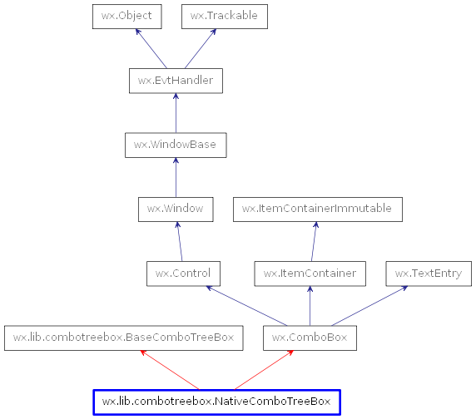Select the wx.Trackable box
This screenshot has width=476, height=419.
click(x=224, y=16)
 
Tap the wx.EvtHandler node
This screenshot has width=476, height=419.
click(x=176, y=81)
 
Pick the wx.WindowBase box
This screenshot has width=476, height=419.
click(x=175, y=145)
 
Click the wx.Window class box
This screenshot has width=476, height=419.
click(x=175, y=209)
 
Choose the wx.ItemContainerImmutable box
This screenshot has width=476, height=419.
click(x=317, y=209)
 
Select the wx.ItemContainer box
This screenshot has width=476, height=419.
click(x=310, y=273)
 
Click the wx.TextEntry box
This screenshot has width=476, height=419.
click(x=429, y=273)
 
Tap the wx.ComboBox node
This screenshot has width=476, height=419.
click(x=310, y=338)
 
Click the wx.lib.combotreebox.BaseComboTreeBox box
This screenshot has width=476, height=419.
click(x=124, y=338)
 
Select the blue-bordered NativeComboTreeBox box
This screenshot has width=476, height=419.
click(x=216, y=402)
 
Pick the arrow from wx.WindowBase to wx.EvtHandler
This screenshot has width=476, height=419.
click(x=176, y=112)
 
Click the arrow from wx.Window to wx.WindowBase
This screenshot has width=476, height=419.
click(x=175, y=176)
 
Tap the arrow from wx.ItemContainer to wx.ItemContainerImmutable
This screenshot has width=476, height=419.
click(x=313, y=241)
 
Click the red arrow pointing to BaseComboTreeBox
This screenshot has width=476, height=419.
click(x=170, y=370)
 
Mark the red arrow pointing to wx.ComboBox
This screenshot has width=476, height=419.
click(x=264, y=370)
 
